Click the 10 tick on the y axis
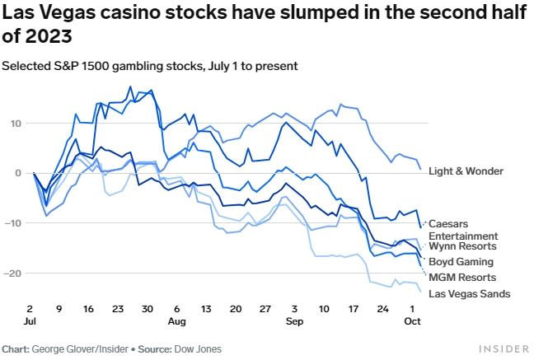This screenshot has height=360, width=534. click(15, 124)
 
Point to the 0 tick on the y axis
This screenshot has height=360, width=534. click(17, 173)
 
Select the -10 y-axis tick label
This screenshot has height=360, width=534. click(12, 223)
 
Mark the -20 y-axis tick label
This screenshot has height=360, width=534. click(12, 273)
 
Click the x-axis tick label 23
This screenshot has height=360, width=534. click(119, 309)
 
